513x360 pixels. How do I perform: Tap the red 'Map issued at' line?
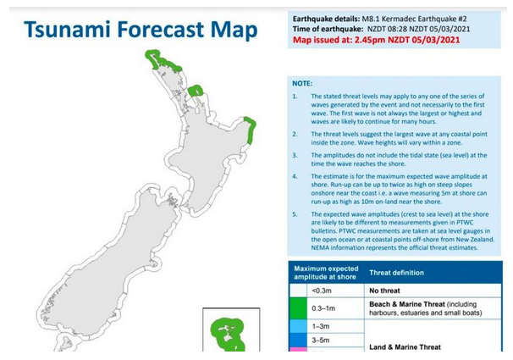[376, 40]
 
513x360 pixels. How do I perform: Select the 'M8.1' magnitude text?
[371, 19]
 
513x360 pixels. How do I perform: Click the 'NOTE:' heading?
[302, 84]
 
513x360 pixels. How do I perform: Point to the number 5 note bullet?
[295, 214]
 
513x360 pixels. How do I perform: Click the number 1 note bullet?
[295, 97]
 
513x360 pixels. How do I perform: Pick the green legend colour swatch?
[298, 308]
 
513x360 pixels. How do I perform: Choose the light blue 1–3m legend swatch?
[298, 326]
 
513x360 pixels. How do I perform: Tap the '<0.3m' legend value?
[322, 291]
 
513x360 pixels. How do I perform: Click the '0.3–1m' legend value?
[323, 308]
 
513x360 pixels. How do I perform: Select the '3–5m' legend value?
[320, 341]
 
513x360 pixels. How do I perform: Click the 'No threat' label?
[384, 291]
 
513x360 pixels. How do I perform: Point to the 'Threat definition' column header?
[396, 273]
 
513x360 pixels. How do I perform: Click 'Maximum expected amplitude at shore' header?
[326, 273]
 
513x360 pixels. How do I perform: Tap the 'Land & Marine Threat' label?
[405, 347]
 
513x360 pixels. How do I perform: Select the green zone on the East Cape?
[251, 130]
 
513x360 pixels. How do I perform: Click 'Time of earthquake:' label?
[328, 29]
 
